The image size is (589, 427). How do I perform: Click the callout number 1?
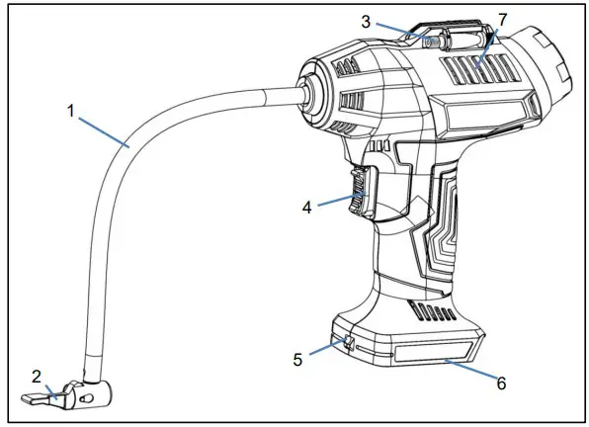[x=72, y=112]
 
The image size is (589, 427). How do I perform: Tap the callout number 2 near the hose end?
[x=37, y=377]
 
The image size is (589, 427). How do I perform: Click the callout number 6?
[x=501, y=383]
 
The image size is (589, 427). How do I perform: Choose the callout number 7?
[x=503, y=21]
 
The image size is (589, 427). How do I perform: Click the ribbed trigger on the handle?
[x=360, y=191]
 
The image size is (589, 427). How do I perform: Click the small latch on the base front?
[x=349, y=344]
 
